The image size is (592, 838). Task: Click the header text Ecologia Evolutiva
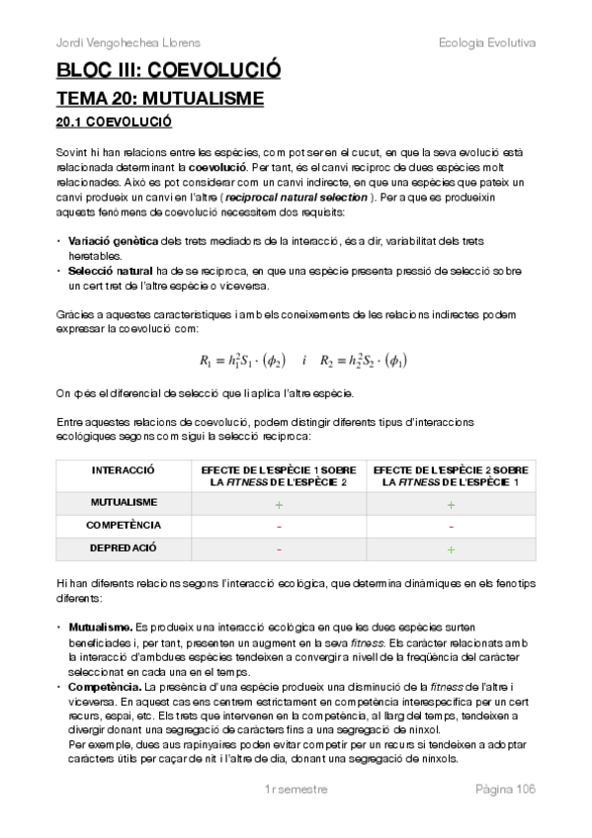pyautogui.click(x=486, y=42)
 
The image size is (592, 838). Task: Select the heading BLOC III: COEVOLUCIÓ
pyautogui.click(x=168, y=71)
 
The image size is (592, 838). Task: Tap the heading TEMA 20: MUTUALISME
pyautogui.click(x=159, y=99)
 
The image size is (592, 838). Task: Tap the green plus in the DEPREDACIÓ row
pyautogui.click(x=451, y=548)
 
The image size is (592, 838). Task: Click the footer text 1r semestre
pyautogui.click(x=296, y=789)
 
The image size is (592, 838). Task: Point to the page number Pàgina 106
pyautogui.click(x=505, y=789)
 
